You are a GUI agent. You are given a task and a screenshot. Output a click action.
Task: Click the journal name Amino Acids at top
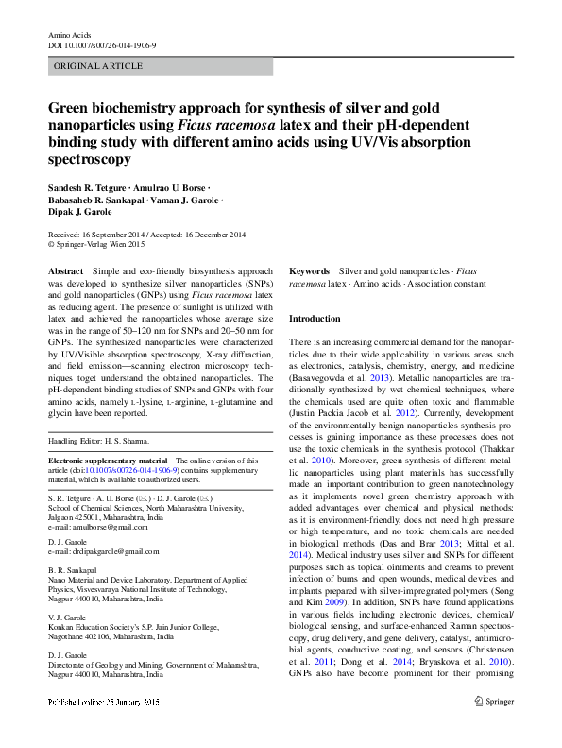(x=69, y=35)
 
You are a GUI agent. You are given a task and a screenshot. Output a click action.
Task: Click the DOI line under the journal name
(x=102, y=45)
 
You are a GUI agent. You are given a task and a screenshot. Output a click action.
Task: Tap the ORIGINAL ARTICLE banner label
(x=98, y=66)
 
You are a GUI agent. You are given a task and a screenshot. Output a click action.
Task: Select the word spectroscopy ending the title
(x=90, y=160)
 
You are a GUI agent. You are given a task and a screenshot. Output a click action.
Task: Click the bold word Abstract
(x=65, y=271)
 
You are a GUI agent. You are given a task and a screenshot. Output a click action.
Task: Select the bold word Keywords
(x=309, y=270)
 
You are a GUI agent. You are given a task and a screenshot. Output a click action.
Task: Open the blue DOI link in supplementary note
(x=132, y=469)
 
